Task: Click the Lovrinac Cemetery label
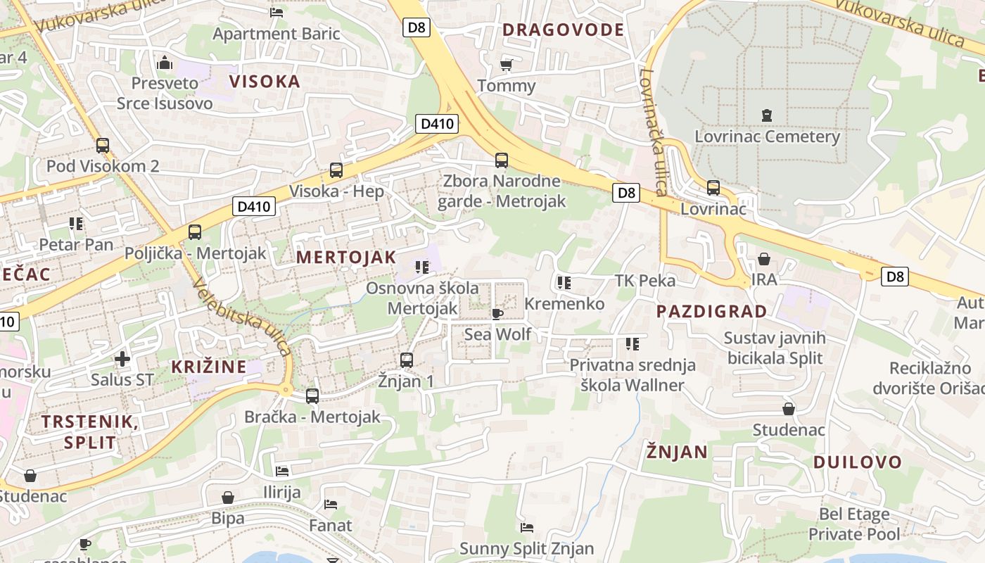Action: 767,137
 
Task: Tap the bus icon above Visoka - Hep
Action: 336,170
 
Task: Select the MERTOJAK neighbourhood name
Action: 346,257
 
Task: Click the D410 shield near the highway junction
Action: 436,125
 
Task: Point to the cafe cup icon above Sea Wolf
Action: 497,314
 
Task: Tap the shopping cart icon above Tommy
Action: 506,65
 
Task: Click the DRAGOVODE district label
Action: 563,30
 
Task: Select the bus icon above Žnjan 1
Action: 406,360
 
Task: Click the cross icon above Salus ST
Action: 122,360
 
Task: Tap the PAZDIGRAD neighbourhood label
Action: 711,311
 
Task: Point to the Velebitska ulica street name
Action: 241,317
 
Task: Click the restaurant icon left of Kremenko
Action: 563,283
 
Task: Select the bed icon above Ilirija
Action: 282,471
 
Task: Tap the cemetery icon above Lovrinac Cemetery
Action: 767,115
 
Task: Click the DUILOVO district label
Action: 857,462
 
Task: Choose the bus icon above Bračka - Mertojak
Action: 312,396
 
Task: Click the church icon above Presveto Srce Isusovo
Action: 165,63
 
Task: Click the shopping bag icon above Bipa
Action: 228,498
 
